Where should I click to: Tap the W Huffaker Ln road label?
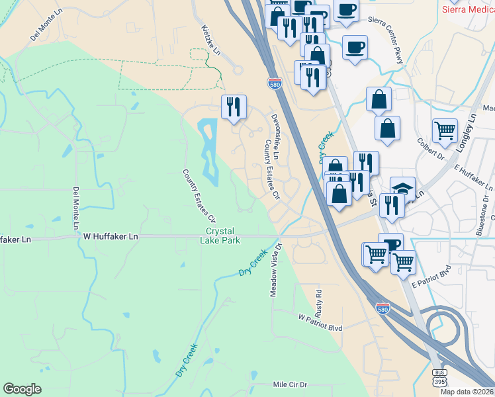coord(111,236)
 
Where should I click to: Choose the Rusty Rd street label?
coord(318,301)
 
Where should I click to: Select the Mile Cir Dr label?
coord(291,384)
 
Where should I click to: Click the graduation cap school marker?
coord(402,189)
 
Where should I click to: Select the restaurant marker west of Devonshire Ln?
coord(234,107)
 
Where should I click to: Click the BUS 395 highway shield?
coord(439,378)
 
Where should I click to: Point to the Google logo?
coord(22,388)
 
